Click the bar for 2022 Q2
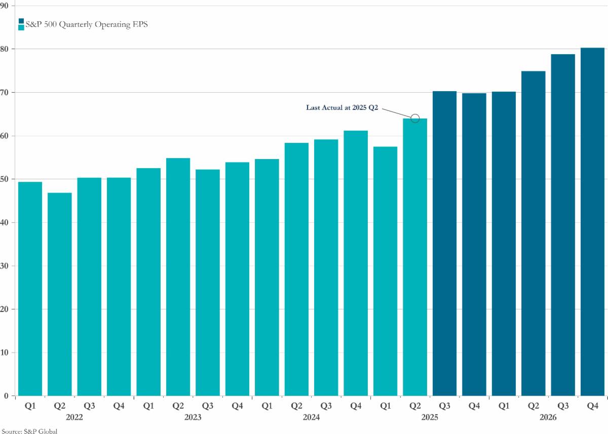(59, 294)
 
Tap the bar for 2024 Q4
(356, 263)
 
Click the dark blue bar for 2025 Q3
(444, 243)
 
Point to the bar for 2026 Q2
(533, 233)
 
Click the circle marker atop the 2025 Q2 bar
(415, 119)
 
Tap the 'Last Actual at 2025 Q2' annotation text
(342, 107)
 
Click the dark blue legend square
(21, 21)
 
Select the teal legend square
(21, 27)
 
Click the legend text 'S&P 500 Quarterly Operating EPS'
(84, 24)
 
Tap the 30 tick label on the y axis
(7, 266)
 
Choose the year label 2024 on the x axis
(311, 417)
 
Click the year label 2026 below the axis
(548, 417)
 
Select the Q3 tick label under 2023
(208, 405)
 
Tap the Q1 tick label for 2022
(30, 405)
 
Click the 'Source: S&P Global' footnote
(29, 430)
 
